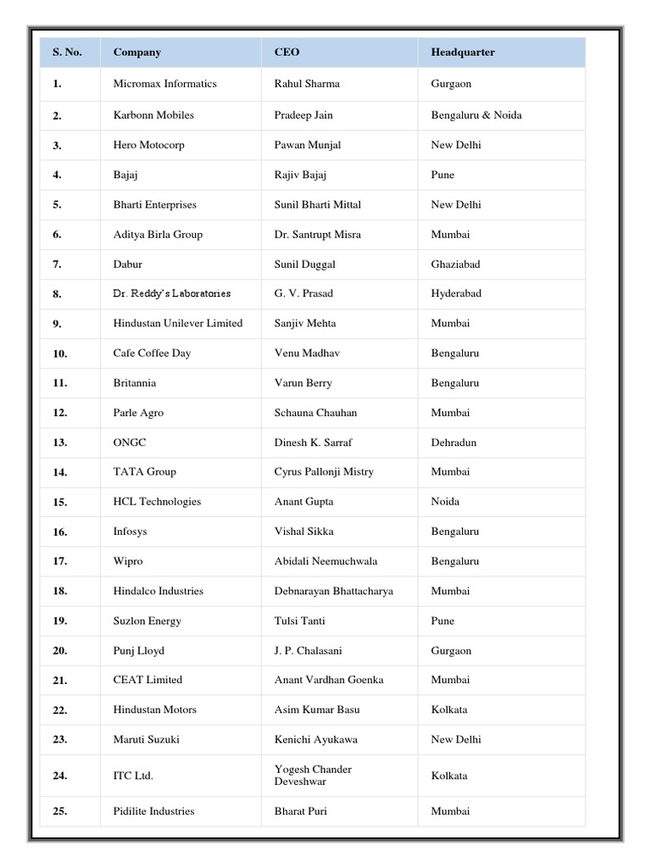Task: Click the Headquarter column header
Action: click(x=463, y=53)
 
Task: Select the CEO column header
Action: click(x=287, y=53)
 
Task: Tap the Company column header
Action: click(x=136, y=53)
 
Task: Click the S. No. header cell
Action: click(x=67, y=53)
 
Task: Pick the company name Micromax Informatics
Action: click(x=164, y=84)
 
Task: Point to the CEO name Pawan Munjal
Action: click(x=308, y=145)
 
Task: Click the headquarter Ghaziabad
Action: click(x=455, y=264)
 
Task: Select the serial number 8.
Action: click(x=57, y=294)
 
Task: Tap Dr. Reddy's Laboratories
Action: click(x=171, y=293)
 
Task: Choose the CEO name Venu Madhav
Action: click(x=306, y=353)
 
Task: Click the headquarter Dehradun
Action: click(x=453, y=442)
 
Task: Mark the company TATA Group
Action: click(x=144, y=472)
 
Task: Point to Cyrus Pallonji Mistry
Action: click(x=324, y=472)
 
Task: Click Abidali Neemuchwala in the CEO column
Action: click(x=325, y=561)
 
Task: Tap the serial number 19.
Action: click(x=59, y=621)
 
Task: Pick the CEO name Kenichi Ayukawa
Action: click(x=315, y=740)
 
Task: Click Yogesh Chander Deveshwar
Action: click(x=313, y=776)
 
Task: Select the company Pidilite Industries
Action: click(x=153, y=811)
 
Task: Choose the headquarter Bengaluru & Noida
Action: click(x=476, y=115)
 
